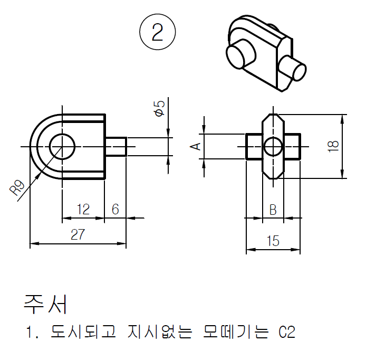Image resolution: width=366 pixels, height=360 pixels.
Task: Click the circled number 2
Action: [x=158, y=33]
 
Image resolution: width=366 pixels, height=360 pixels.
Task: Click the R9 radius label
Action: [x=18, y=188]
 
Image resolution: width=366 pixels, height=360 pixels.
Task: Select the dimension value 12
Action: [x=83, y=209]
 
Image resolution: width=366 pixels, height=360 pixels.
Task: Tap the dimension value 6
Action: [x=115, y=209]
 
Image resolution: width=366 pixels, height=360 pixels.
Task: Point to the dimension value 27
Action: [x=78, y=235]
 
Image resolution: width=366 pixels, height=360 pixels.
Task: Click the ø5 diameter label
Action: [x=159, y=109]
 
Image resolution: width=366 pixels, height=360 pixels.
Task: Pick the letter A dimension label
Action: [x=196, y=146]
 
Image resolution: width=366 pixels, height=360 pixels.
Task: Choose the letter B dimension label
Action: [x=273, y=210]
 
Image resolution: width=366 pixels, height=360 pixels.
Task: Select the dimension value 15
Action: [x=273, y=241]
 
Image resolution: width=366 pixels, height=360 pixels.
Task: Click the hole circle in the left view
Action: [x=63, y=146]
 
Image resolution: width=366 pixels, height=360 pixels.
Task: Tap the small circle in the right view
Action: [x=273, y=146]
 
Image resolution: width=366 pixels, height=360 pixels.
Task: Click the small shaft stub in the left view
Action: [x=115, y=146]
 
